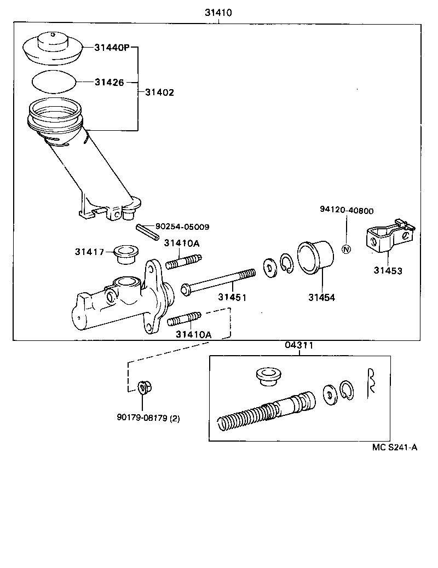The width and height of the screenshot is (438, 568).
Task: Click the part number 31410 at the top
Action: pyautogui.click(x=218, y=13)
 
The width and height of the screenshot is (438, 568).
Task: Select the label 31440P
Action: pyautogui.click(x=111, y=48)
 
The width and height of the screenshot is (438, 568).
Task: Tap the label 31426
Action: pyautogui.click(x=109, y=82)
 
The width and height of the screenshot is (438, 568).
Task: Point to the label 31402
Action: pyautogui.click(x=159, y=92)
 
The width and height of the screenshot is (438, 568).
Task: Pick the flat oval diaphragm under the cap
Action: pyautogui.click(x=53, y=83)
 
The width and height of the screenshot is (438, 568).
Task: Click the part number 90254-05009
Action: pyautogui.click(x=182, y=226)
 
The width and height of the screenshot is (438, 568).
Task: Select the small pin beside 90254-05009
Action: pyautogui.click(x=147, y=231)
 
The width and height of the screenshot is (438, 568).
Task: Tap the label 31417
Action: pyautogui.click(x=89, y=252)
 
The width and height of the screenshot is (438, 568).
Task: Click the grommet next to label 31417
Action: pyautogui.click(x=125, y=253)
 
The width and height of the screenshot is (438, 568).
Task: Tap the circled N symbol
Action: pyautogui.click(x=345, y=250)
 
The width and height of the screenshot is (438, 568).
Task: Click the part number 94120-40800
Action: pyautogui.click(x=347, y=210)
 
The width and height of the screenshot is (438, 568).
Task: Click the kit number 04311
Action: pyautogui.click(x=298, y=345)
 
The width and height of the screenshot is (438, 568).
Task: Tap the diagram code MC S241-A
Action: pyautogui.click(x=395, y=447)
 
